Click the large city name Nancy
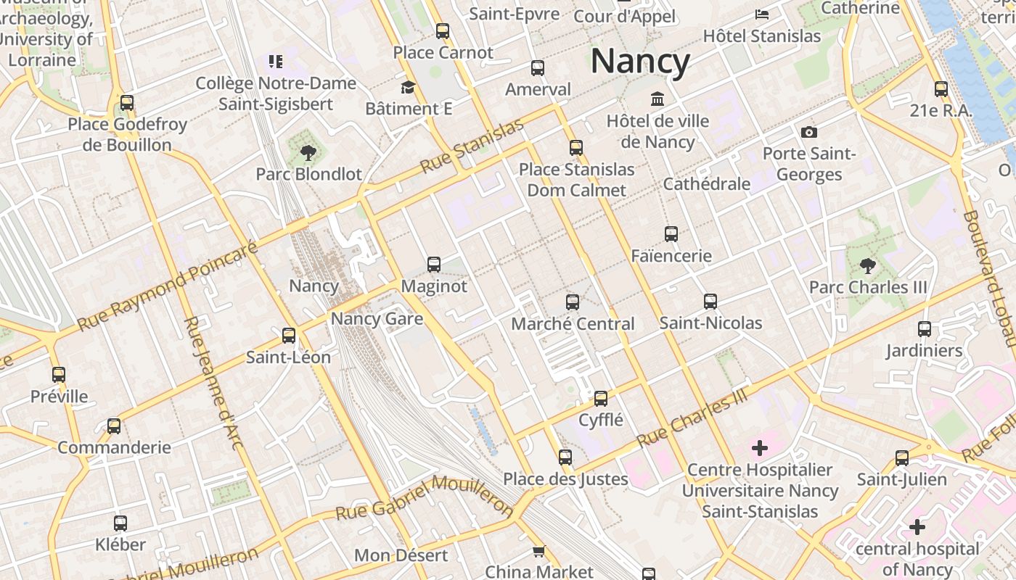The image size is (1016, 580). [639, 62]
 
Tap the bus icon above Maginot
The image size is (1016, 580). [434, 264]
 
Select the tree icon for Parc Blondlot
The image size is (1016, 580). [308, 152]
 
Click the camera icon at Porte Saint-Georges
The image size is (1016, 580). [808, 132]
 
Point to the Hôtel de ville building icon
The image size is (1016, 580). [657, 99]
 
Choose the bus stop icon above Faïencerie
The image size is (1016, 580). [671, 234]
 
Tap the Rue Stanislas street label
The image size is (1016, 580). [472, 147]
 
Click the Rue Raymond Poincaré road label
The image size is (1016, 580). [167, 287]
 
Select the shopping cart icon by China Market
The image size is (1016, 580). [538, 551]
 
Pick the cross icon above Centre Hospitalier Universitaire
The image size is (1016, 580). [760, 448]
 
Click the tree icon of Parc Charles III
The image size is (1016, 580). [867, 265]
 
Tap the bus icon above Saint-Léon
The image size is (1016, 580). [289, 335]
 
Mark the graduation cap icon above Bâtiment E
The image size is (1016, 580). [409, 88]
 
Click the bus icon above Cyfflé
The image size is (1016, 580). [601, 398]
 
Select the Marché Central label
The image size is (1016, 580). [573, 323]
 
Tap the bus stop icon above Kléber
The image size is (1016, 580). [120, 523]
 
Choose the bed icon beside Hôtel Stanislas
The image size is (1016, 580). [762, 14]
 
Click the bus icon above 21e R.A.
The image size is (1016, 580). [941, 89]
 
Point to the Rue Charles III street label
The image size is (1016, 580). [692, 418]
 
